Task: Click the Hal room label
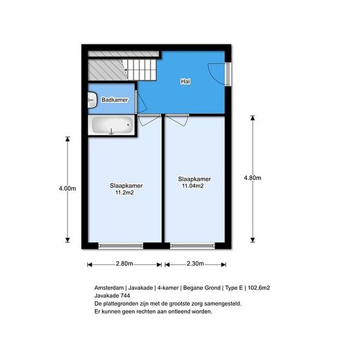point(185,81)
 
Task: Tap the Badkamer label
point(115,100)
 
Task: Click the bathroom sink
point(92,100)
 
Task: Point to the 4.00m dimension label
point(67,189)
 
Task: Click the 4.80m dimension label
point(253,178)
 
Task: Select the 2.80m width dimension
point(124,264)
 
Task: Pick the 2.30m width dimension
point(195,264)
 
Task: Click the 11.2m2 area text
point(124,192)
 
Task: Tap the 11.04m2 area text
point(193,186)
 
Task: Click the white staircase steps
point(141,70)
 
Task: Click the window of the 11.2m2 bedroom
point(121,246)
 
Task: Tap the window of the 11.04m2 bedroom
point(192,246)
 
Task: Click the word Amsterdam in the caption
point(109,288)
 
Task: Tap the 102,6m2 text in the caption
point(259,288)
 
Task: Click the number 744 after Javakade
point(125,295)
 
